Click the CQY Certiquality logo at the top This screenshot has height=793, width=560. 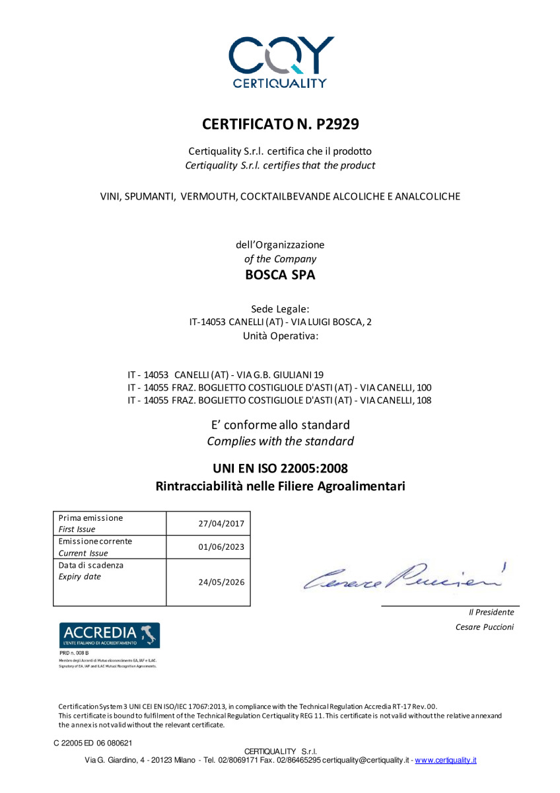(x=280, y=61)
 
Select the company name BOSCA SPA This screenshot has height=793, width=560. (x=280, y=275)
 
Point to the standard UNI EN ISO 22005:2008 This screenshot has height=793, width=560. (x=280, y=469)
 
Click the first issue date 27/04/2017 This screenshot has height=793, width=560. (x=221, y=523)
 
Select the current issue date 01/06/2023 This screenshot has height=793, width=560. (x=221, y=547)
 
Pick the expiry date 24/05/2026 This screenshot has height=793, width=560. (x=221, y=582)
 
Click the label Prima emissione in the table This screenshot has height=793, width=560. (x=90, y=518)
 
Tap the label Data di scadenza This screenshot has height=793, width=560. (x=91, y=566)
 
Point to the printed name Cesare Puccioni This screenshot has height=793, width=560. (x=484, y=627)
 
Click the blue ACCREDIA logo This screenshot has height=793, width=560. (x=110, y=635)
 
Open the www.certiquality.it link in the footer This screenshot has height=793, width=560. (x=446, y=761)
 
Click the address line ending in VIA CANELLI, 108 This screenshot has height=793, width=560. (x=279, y=400)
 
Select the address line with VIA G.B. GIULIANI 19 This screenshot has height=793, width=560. (x=225, y=374)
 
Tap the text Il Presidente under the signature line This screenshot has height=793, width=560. (x=491, y=613)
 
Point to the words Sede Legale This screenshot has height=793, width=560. (x=280, y=309)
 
